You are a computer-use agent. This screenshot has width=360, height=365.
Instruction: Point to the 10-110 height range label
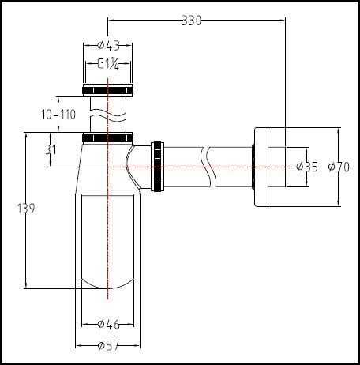(x=58, y=115)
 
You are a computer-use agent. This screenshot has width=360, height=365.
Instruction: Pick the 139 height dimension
(x=26, y=209)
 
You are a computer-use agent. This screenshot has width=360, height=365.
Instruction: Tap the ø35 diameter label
(x=306, y=167)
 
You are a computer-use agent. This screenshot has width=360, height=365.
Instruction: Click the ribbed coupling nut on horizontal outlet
(x=160, y=166)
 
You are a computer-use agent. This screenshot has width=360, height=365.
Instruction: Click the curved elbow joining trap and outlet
(x=137, y=162)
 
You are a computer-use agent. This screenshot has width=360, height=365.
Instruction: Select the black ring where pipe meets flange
(x=252, y=167)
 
